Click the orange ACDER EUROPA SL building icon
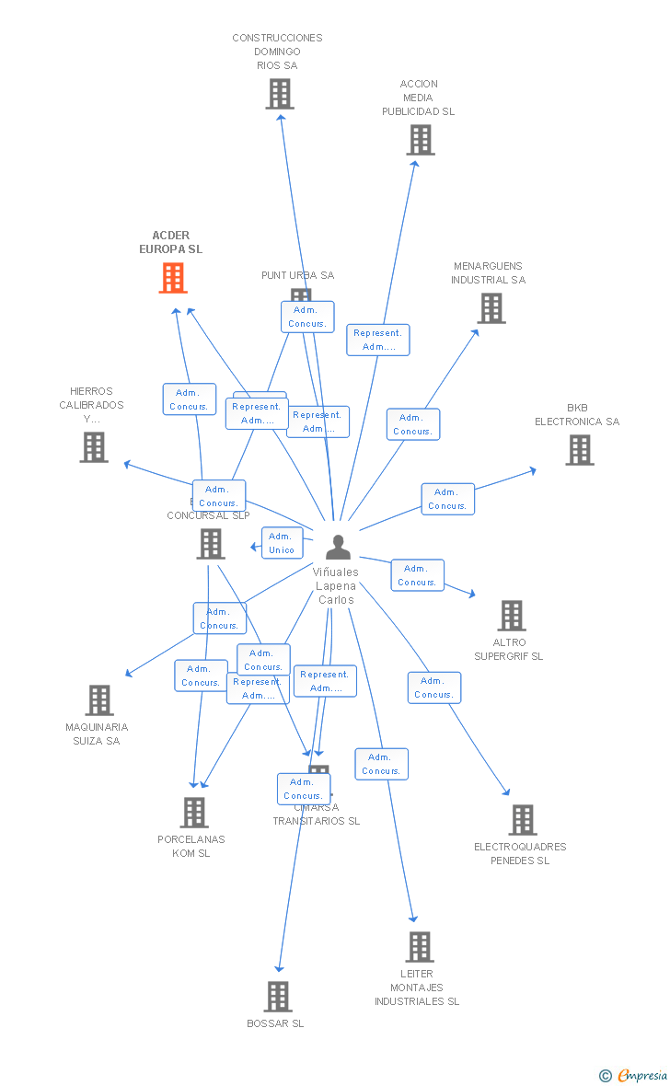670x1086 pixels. pyautogui.click(x=173, y=278)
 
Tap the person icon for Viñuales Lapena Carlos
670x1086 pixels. pyautogui.click(x=338, y=548)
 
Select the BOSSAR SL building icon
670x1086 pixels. pyautogui.click(x=278, y=997)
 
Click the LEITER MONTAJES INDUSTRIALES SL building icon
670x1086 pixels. pyautogui.click(x=419, y=947)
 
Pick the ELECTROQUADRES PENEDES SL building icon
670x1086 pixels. pyautogui.click(x=522, y=820)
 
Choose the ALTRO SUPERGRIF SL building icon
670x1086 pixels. pyautogui.click(x=511, y=616)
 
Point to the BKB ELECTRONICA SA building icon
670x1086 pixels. pyautogui.click(x=579, y=450)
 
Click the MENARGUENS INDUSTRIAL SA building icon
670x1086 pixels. pyautogui.click(x=491, y=308)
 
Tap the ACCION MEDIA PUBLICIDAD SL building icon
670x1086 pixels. pyautogui.click(x=420, y=140)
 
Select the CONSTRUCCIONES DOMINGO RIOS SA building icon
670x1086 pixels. pyautogui.click(x=279, y=94)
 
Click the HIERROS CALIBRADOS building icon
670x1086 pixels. pyautogui.click(x=94, y=447)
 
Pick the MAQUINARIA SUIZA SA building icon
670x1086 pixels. pyautogui.click(x=99, y=700)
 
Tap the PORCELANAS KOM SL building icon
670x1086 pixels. pyautogui.click(x=193, y=813)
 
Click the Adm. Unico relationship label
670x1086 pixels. pyautogui.click(x=282, y=543)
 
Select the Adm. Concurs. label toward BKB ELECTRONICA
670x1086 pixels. pyautogui.click(x=447, y=499)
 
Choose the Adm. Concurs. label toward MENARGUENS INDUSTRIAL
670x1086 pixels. pyautogui.click(x=412, y=424)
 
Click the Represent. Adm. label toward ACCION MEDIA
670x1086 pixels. pyautogui.click(x=377, y=340)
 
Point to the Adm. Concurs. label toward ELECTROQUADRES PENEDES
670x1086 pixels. pyautogui.click(x=433, y=687)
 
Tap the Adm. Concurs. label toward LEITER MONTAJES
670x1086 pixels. pyautogui.click(x=381, y=764)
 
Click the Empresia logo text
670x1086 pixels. pyautogui.click(x=641, y=1075)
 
